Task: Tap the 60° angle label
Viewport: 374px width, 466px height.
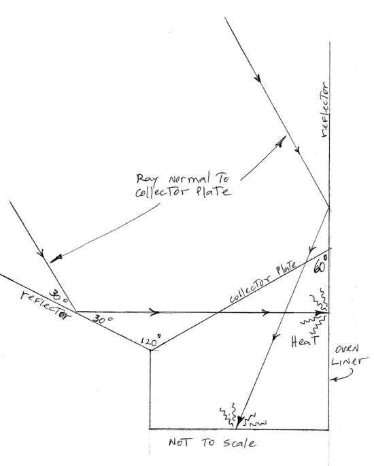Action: (x=321, y=265)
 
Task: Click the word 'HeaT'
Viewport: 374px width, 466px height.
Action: (x=305, y=342)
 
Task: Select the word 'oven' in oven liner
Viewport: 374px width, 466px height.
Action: (x=347, y=349)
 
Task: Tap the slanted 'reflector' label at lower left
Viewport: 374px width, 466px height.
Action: (x=46, y=305)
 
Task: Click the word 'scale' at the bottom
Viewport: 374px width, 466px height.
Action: (x=239, y=443)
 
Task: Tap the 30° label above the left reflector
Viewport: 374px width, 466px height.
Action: (x=58, y=296)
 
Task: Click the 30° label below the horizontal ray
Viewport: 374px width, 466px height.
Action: (x=103, y=320)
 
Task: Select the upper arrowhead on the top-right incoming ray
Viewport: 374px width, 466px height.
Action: (x=258, y=78)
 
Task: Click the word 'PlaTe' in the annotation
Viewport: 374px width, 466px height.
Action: (x=214, y=191)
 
